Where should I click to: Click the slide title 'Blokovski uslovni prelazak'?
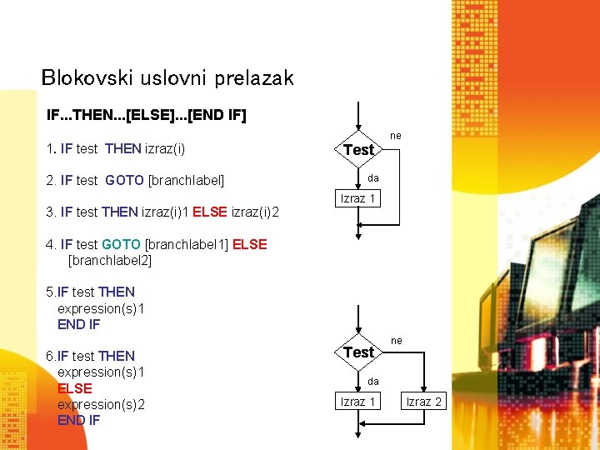pos(167,78)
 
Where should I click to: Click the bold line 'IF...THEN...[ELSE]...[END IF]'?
pos(147,114)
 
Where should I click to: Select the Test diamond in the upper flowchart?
pos(358,150)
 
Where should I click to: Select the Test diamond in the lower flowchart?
pos(358,352)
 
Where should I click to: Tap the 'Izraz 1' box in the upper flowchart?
pos(358,198)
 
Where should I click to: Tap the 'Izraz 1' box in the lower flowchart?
pos(358,402)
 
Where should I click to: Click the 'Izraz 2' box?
pos(423,402)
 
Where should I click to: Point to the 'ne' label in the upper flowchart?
pos(396,135)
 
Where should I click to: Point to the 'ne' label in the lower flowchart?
pos(397,340)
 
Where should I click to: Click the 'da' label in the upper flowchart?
pos(373,177)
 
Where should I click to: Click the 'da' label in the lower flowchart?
pos(373,381)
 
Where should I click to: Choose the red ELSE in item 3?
pos(210,212)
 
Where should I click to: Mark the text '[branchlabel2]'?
pos(110,260)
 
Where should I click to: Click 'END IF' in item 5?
pos(78,324)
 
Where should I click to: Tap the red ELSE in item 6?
pos(74,388)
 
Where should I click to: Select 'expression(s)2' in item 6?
pos(101,404)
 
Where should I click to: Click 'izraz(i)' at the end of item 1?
pos(165,149)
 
